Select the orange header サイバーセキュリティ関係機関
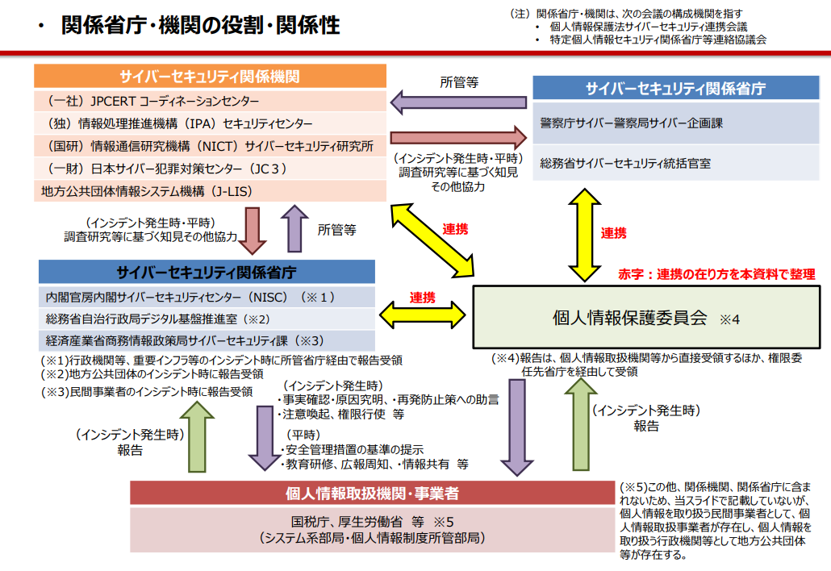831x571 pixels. (x=210, y=77)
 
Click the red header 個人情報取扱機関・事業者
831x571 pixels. (x=372, y=493)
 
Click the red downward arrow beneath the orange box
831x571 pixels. (x=251, y=229)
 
